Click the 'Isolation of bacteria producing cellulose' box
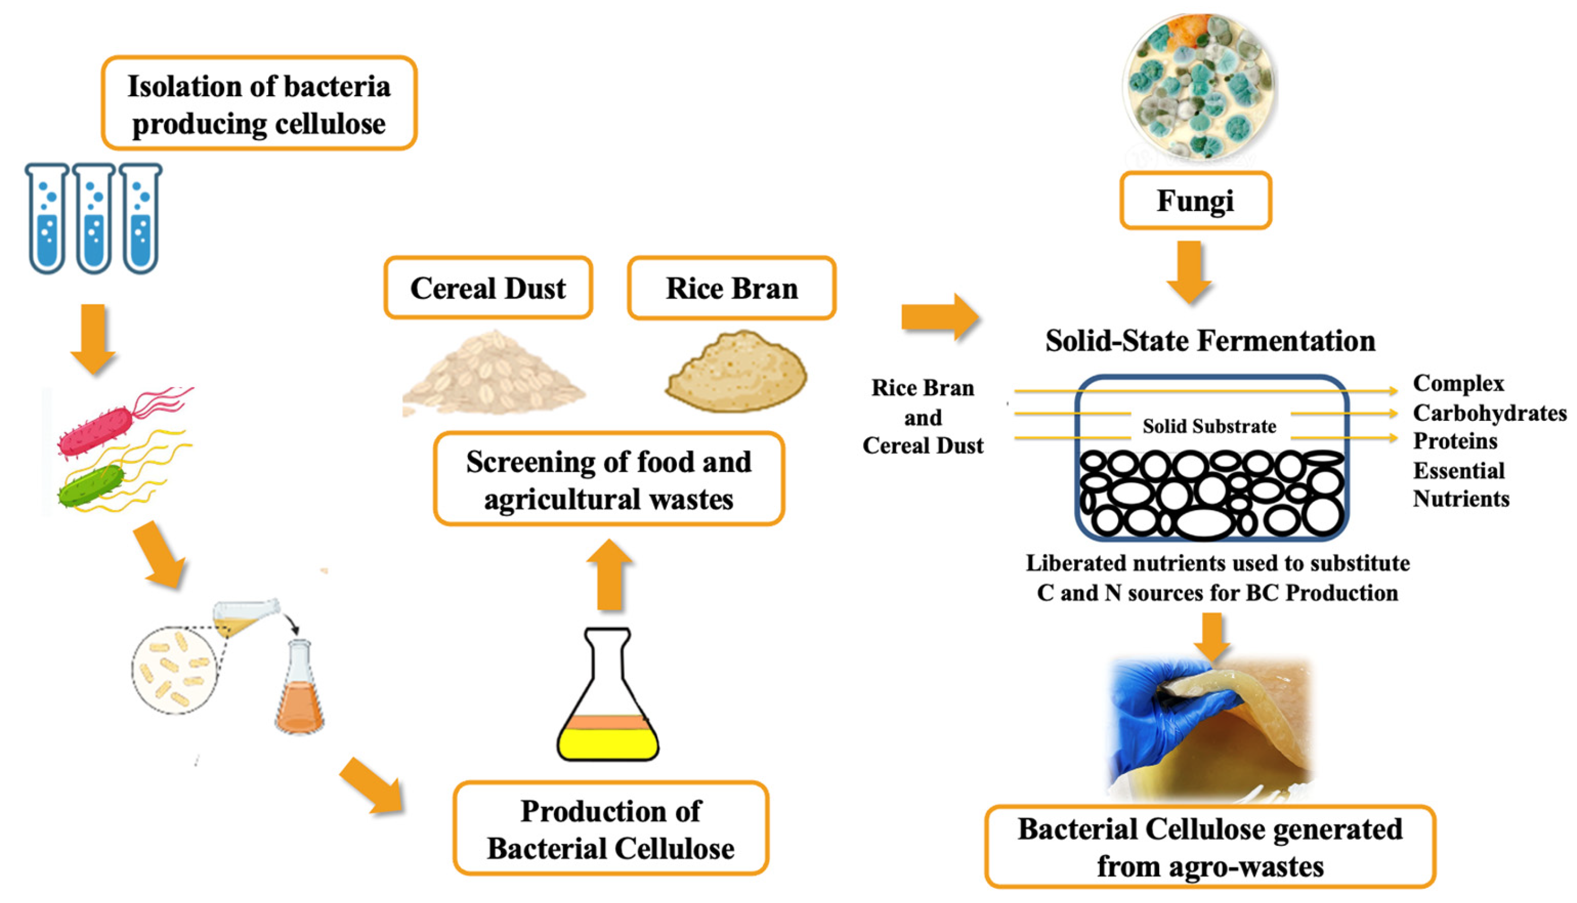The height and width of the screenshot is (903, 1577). click(x=259, y=104)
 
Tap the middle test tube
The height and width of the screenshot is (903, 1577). click(x=94, y=219)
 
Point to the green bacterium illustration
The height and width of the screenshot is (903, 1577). click(x=91, y=486)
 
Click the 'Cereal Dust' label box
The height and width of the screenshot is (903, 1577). click(x=488, y=288)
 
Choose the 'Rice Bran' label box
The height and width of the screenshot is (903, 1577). click(x=731, y=288)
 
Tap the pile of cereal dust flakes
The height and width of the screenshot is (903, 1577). click(x=494, y=375)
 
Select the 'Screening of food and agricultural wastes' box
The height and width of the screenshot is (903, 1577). click(x=608, y=479)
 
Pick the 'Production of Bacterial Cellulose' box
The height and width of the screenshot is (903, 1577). click(x=610, y=829)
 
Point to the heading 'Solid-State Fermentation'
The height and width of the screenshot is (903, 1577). click(x=1210, y=340)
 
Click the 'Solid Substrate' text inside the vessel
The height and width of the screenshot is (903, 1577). click(x=1209, y=426)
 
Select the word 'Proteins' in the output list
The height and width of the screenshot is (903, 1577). click(x=1454, y=441)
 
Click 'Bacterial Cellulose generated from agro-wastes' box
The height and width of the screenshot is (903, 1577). click(x=1210, y=847)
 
